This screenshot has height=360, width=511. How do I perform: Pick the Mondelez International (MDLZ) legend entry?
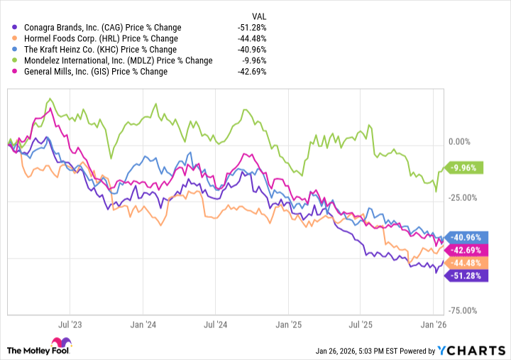[114, 60]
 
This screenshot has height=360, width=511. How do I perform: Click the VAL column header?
[259, 16]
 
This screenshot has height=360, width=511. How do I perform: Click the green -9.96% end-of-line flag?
[466, 168]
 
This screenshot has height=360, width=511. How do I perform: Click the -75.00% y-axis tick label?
[466, 310]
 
